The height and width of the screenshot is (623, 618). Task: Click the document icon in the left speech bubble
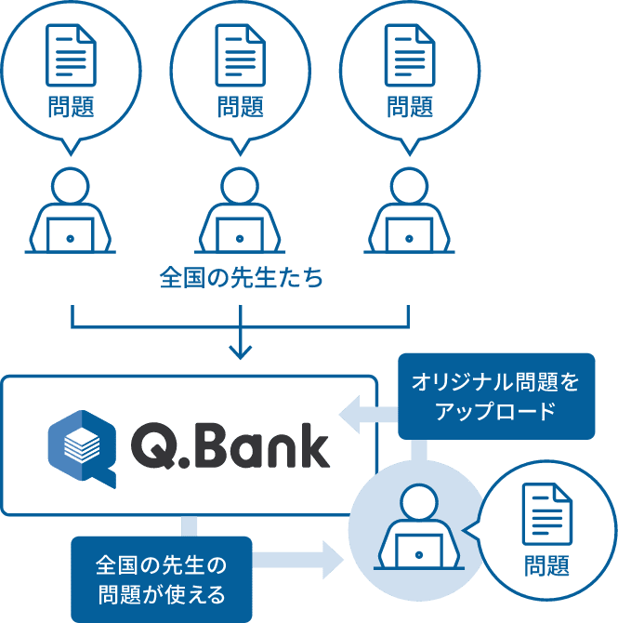(72, 54)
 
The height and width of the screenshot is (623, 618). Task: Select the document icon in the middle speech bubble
(241, 54)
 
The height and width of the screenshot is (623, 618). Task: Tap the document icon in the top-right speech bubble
(410, 54)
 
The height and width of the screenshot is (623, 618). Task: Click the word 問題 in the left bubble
(72, 106)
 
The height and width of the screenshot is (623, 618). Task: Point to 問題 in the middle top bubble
(241, 106)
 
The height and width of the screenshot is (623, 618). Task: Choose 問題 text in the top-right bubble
(410, 106)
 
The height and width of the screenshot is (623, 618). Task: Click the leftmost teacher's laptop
(71, 234)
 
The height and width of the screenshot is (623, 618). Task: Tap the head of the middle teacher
(241, 185)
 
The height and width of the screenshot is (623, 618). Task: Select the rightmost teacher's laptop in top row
(410, 234)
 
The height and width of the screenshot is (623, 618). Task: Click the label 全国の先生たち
(241, 278)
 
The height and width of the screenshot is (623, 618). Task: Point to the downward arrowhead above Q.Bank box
(241, 351)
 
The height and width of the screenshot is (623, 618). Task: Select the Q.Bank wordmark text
(230, 447)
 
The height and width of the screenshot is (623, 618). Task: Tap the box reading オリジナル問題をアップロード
(495, 395)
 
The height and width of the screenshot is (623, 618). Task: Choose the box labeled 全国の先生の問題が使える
(161, 578)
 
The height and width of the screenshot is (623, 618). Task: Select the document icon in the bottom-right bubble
(547, 513)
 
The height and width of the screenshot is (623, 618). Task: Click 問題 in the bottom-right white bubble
(547, 564)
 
